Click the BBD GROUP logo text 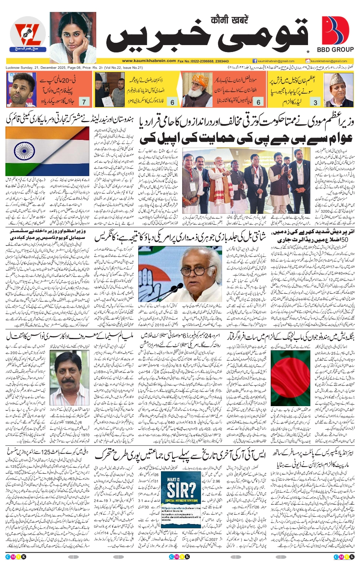click(335, 49)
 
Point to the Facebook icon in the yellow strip click(255, 61)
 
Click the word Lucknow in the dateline click(13, 67)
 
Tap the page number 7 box click(84, 102)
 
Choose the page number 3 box click(315, 102)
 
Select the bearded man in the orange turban click(196, 89)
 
